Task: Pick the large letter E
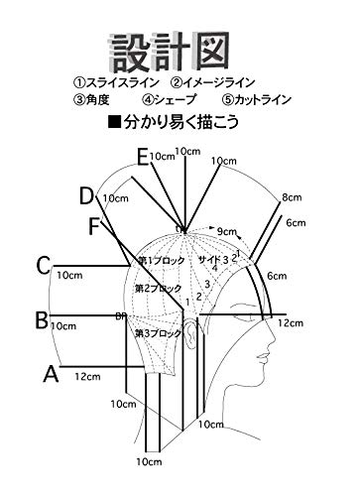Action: coord(144,156)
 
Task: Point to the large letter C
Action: coord(43,265)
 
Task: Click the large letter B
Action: coord(41,319)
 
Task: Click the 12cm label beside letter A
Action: coord(85,376)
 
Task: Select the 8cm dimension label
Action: coord(291,197)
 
